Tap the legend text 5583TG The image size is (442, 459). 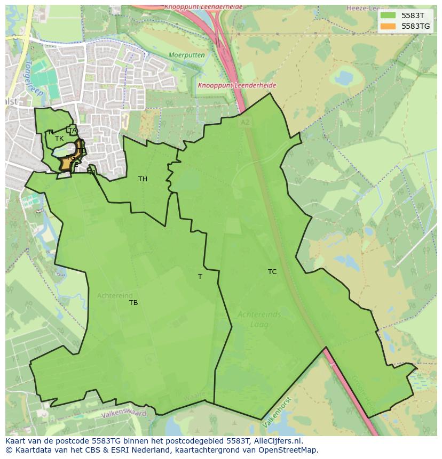point(416,26)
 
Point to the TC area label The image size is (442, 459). point(272,272)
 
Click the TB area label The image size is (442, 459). point(133,303)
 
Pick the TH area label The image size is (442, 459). point(143,179)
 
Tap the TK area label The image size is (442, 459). point(59,139)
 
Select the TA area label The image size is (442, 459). point(73,131)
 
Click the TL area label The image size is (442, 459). point(51,132)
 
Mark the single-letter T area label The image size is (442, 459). point(200,277)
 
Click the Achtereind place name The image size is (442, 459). point(114,296)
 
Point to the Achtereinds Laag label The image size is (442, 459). point(259,319)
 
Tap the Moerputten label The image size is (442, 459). point(186,55)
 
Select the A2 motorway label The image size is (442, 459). point(245,122)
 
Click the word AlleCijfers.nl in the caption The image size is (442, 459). point(278,441)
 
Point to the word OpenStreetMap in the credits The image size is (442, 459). point(288,450)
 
